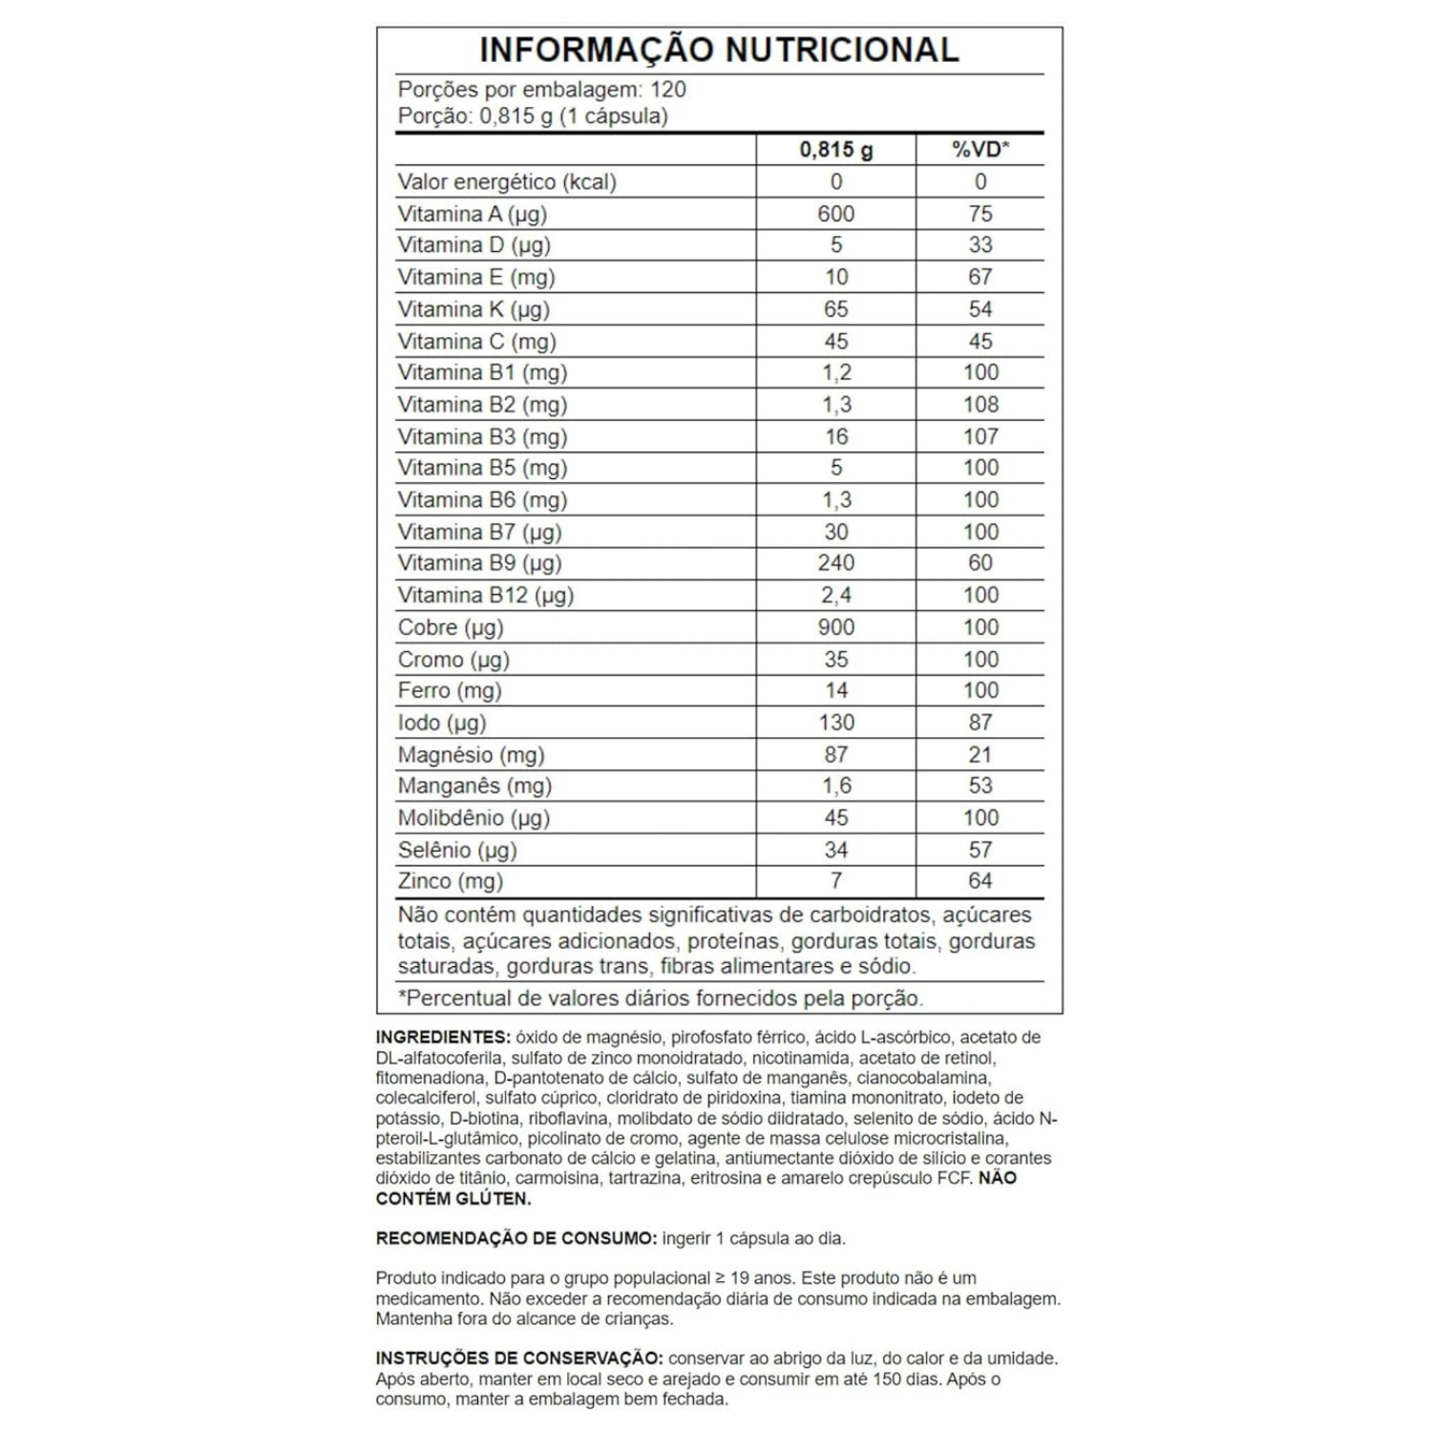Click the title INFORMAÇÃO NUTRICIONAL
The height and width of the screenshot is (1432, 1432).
click(x=718, y=51)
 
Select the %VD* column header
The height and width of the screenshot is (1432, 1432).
click(x=980, y=150)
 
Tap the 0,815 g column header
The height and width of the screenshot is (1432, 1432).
click(x=836, y=150)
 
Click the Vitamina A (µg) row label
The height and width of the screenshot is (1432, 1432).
click(x=473, y=214)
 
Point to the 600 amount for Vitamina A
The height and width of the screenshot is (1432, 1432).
click(x=836, y=214)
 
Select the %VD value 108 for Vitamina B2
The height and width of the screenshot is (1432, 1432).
click(x=980, y=405)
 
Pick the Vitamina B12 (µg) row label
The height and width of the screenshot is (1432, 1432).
click(x=486, y=596)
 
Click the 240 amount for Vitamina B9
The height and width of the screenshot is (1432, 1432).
click(x=836, y=563)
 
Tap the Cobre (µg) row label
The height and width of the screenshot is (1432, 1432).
click(x=451, y=627)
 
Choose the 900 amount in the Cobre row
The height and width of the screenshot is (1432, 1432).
click(x=836, y=627)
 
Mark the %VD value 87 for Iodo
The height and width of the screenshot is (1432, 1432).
click(x=980, y=723)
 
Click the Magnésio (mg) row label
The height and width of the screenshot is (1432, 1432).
click(x=472, y=755)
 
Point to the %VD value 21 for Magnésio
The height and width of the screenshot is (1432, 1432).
click(x=980, y=755)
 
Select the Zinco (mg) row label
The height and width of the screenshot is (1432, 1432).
click(x=451, y=881)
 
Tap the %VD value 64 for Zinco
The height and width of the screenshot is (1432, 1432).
click(x=980, y=881)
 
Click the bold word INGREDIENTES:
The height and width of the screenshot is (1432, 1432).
click(x=443, y=1038)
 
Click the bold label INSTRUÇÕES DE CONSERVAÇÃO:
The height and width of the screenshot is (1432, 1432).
click(x=519, y=1358)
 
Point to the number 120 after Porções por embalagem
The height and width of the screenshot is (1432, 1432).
click(x=668, y=90)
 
